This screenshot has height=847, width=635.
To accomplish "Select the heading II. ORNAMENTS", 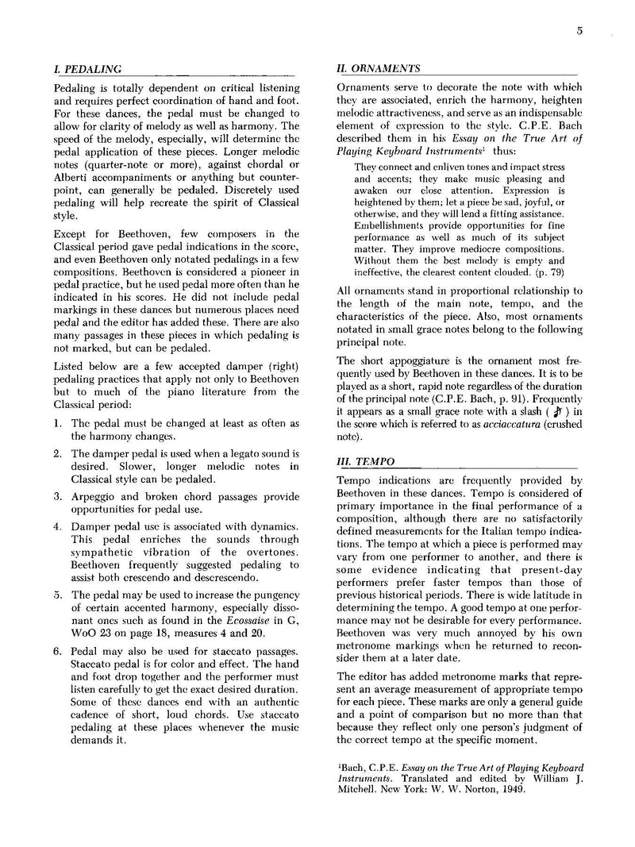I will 379,70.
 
